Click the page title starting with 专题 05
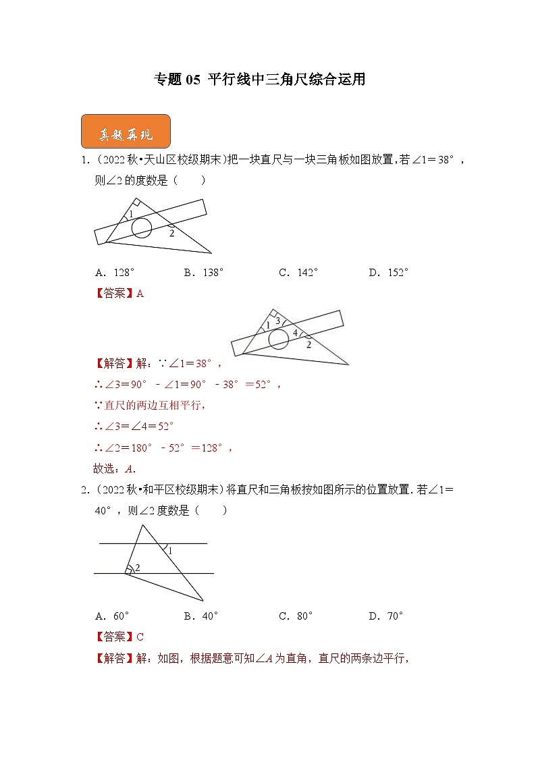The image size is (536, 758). click(261, 80)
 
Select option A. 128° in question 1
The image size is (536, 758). click(115, 273)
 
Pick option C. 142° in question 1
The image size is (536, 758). click(298, 273)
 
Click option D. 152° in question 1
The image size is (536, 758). click(389, 273)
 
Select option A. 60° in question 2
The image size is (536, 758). click(112, 616)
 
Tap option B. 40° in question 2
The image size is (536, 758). click(200, 616)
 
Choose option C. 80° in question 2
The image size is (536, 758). click(296, 616)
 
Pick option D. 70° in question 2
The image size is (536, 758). click(386, 616)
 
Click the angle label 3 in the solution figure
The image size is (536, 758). click(277, 321)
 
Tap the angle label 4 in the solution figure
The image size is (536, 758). click(294, 333)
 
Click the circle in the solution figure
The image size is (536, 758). click(278, 340)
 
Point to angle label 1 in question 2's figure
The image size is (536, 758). click(169, 551)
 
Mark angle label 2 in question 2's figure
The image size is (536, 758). click(137, 568)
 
